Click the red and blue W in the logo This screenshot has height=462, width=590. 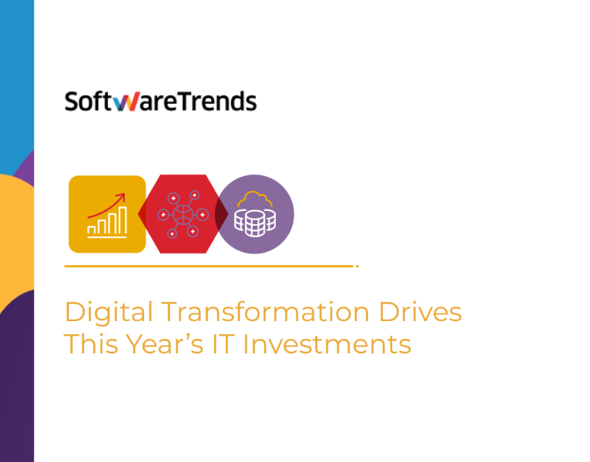121,102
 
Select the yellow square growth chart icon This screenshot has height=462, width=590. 107,214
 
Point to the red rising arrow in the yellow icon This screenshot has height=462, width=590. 108,204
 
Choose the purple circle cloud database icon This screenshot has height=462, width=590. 255,214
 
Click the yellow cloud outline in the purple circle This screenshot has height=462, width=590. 255,200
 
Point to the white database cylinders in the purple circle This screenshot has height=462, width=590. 255,223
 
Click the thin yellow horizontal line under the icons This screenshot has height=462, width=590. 208,266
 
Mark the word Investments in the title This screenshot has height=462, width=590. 327,343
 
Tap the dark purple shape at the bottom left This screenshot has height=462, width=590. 15,385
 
